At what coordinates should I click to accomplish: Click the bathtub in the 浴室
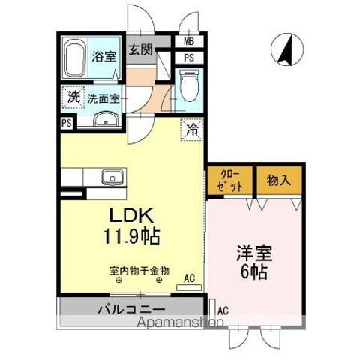tap(74, 58)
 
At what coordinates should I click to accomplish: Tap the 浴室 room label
tap(104, 57)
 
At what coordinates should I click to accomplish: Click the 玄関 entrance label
tap(140, 49)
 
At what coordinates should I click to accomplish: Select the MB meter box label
tap(189, 41)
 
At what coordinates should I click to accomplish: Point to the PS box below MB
tap(189, 58)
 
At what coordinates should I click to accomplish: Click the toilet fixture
tap(189, 85)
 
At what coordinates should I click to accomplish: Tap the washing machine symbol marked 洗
tap(73, 97)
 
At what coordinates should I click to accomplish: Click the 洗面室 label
tap(103, 99)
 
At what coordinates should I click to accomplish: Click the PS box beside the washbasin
tap(67, 124)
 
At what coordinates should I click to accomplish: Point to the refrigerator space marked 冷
tap(192, 130)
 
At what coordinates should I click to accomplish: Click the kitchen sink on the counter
tap(112, 178)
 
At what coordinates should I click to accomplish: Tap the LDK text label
tap(131, 216)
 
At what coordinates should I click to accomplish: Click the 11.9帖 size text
tap(132, 236)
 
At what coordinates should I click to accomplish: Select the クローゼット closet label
tap(229, 181)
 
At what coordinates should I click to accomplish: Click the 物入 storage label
tap(279, 180)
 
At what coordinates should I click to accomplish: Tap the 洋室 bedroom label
tap(254, 253)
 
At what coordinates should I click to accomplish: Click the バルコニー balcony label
tap(131, 310)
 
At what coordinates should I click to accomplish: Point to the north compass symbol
tap(287, 49)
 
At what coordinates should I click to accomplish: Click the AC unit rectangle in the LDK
tap(189, 287)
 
